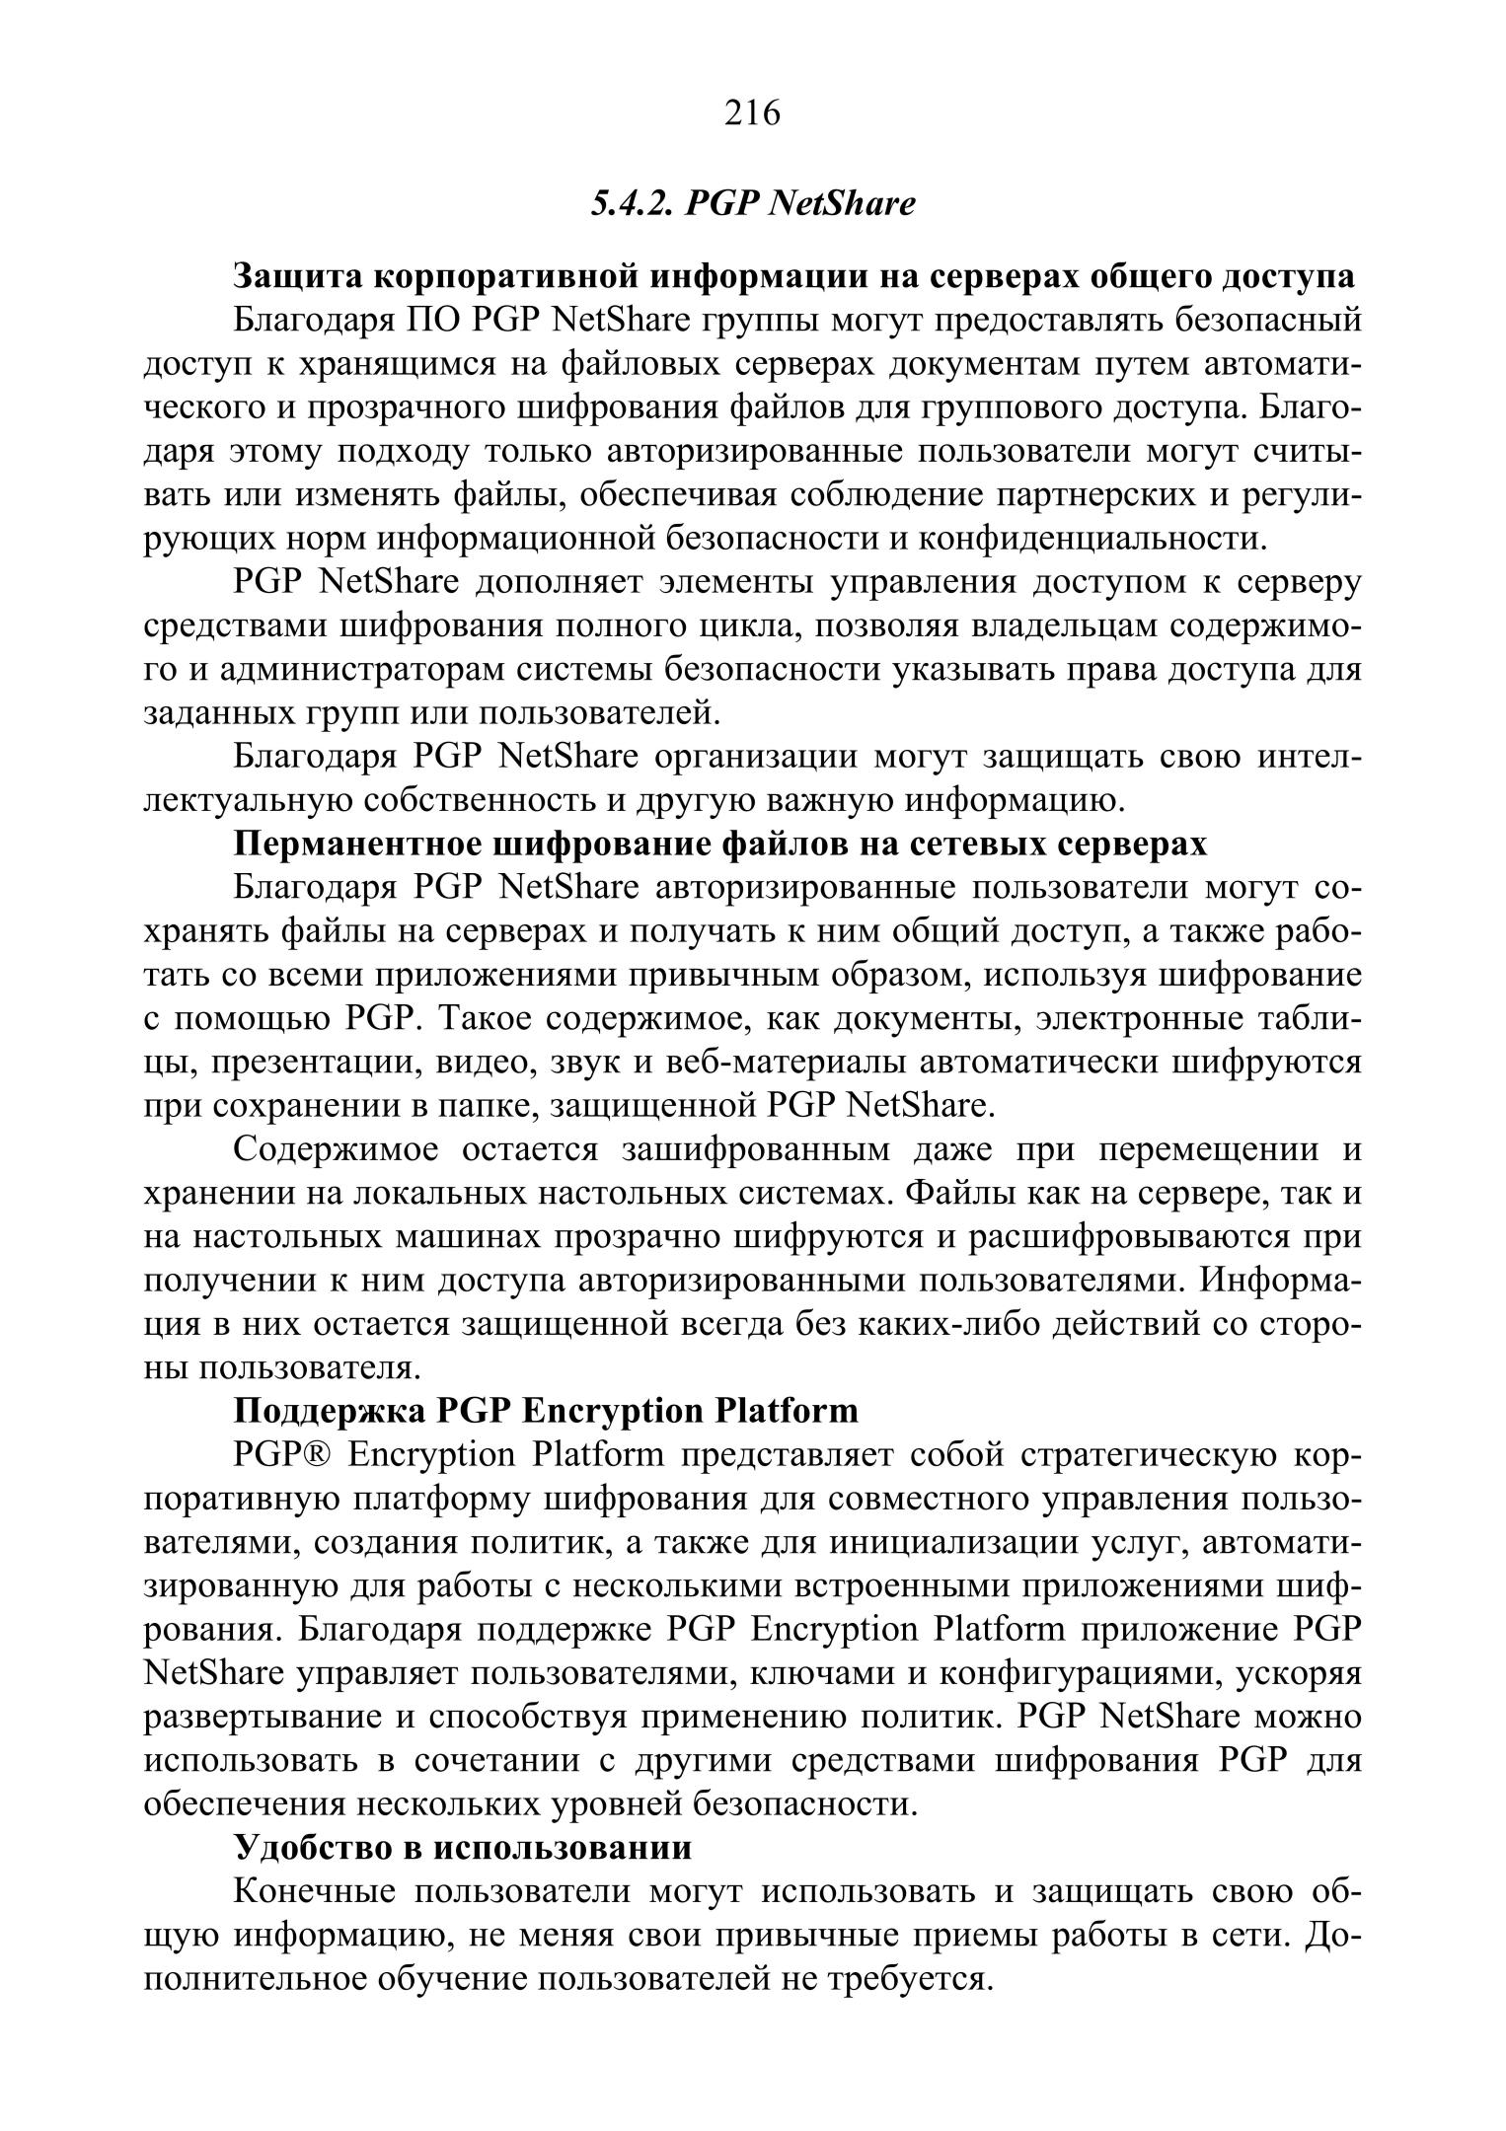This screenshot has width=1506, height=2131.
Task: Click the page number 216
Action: [x=752, y=113]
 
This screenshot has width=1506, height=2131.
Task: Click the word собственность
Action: [x=480, y=800]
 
